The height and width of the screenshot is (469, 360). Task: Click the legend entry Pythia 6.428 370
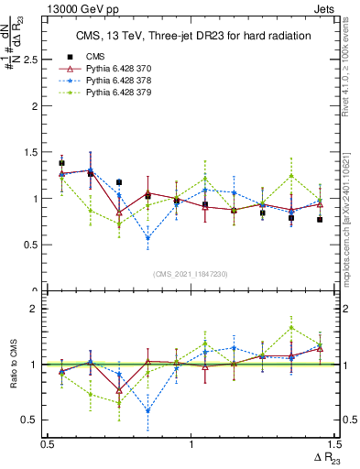[x=115, y=70]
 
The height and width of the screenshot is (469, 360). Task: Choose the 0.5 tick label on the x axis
[x=48, y=444]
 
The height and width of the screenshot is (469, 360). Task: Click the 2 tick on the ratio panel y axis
[x=40, y=309]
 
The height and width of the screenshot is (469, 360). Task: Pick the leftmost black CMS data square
[x=61, y=163]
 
